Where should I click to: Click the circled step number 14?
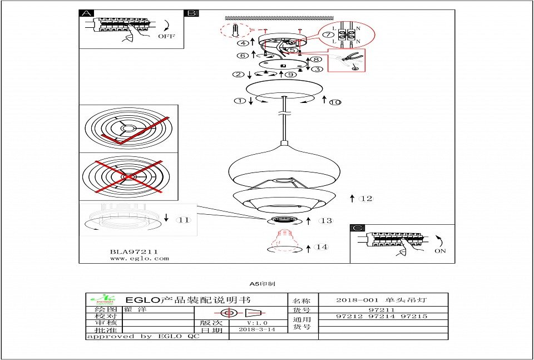321,247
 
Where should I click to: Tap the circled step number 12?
366,198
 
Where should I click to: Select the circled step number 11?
183,220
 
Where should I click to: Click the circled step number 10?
335,102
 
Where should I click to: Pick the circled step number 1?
240,101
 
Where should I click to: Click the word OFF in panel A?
166,36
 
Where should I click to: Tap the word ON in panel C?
440,251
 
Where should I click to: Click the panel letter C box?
358,228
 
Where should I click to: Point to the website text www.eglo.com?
139,258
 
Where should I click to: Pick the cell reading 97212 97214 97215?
382,317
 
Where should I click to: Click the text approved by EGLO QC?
142,337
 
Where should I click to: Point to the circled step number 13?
325,221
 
